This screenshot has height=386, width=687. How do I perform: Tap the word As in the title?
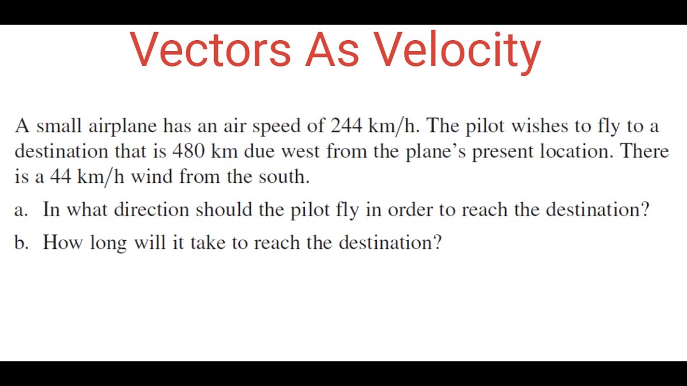pyautogui.click(x=332, y=49)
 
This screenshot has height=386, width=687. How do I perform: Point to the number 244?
pyautogui.click(x=346, y=126)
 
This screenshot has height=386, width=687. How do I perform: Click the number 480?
pyautogui.click(x=188, y=151)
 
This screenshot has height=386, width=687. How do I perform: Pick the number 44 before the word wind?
pyautogui.click(x=61, y=176)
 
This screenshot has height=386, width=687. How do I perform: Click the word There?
pyautogui.click(x=645, y=151)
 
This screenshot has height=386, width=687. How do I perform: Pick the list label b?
pyautogui.click(x=21, y=242)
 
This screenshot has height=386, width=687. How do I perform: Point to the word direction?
pyautogui.click(x=151, y=209)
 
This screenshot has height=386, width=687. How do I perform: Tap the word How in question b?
pyautogui.click(x=63, y=242)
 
